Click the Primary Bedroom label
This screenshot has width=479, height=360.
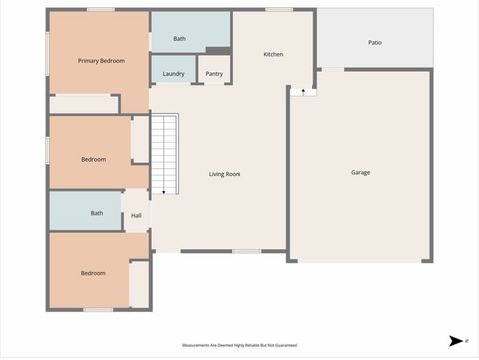pos(102,61)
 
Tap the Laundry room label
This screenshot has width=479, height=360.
pos(172,74)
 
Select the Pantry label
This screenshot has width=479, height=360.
pos(214,74)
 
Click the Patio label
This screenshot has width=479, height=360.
pos(375,43)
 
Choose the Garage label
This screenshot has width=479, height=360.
pos(360,172)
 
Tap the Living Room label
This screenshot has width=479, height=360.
pos(225,174)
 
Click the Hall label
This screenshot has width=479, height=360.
pos(136,215)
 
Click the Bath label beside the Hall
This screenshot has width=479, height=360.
pos(97,213)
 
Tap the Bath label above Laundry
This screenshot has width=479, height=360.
pos(179,39)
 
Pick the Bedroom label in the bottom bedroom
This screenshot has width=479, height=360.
pos(93,273)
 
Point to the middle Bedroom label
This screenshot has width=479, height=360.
pos(93,160)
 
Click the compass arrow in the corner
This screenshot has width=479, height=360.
pos(455,340)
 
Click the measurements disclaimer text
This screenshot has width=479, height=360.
pos(239,345)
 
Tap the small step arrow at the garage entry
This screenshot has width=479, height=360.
pos(303,91)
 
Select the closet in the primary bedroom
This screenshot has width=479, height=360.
pos(83,103)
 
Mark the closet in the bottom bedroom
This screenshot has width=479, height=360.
pos(139,284)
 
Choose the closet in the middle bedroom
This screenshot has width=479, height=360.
pos(140,139)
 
